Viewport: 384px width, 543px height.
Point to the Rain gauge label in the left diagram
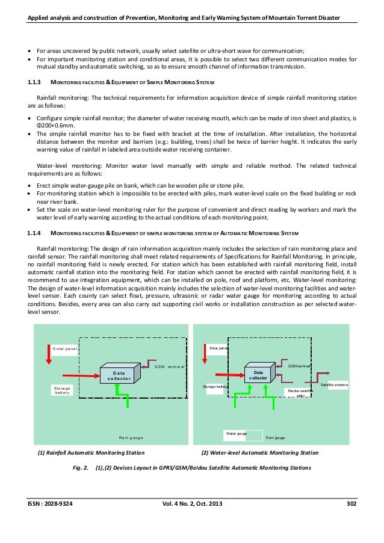[131, 438]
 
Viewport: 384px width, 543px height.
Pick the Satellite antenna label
[335, 384]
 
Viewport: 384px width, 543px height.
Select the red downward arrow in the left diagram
[49, 354]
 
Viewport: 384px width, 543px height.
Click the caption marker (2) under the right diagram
[203, 452]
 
